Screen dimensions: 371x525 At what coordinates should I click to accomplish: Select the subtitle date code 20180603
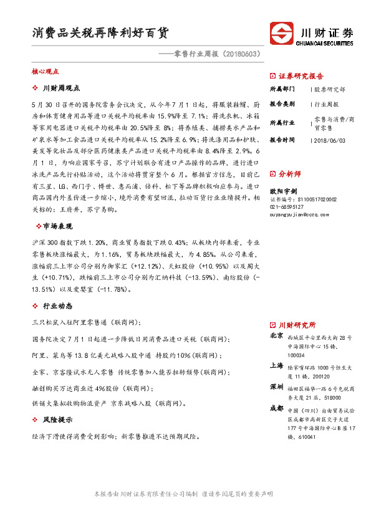239,54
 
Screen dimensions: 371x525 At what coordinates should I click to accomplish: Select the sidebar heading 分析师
289,174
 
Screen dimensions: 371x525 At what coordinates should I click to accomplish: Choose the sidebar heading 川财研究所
297,325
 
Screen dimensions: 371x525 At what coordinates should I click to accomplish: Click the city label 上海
276,365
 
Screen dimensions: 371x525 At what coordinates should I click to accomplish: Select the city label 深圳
276,387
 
